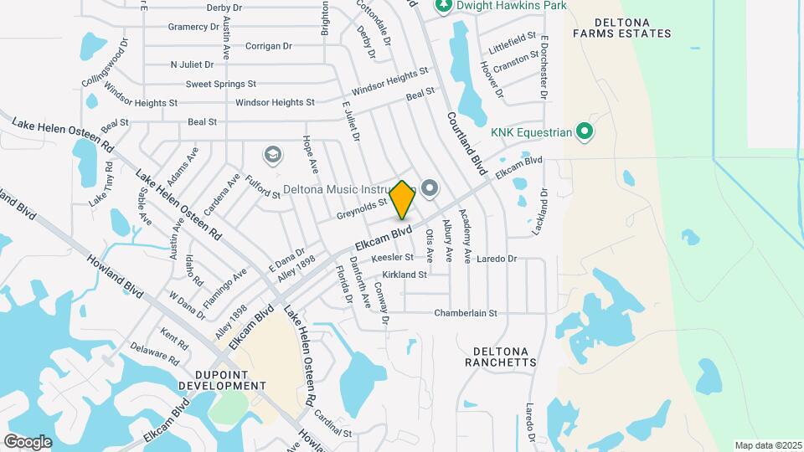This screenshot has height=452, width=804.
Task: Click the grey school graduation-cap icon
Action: coord(271,154)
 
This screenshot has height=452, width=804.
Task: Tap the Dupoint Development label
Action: coord(217,380)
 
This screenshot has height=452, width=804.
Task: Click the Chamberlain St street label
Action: coord(466,313)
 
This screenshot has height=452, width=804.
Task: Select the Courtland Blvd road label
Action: coord(466,143)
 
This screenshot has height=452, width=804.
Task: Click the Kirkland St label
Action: coord(405,275)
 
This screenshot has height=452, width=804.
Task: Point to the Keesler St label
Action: coord(393,258)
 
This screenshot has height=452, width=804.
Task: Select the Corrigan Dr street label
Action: coord(268,46)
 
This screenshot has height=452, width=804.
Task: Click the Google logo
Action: coord(28,441)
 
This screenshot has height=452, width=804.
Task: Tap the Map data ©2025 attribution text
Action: coord(768,444)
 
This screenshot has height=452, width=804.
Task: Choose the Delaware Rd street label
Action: coord(155,353)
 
